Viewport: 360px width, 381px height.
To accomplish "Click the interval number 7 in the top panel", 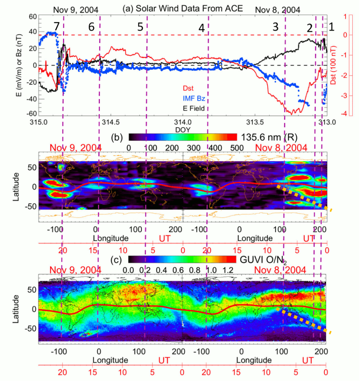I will (x=57, y=27).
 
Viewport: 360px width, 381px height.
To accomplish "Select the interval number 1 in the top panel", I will (x=332, y=27).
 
